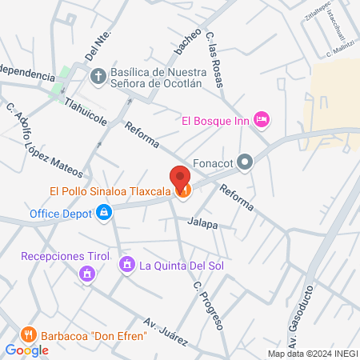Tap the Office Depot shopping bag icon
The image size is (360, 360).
tap(104, 213)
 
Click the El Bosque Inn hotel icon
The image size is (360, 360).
tap(261, 120)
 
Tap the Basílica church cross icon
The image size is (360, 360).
tap(98, 77)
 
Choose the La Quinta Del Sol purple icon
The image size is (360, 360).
tap(126, 264)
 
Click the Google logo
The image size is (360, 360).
tap(27, 350)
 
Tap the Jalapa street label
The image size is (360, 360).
tap(203, 226)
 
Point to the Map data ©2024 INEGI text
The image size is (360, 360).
tap(312, 354)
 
